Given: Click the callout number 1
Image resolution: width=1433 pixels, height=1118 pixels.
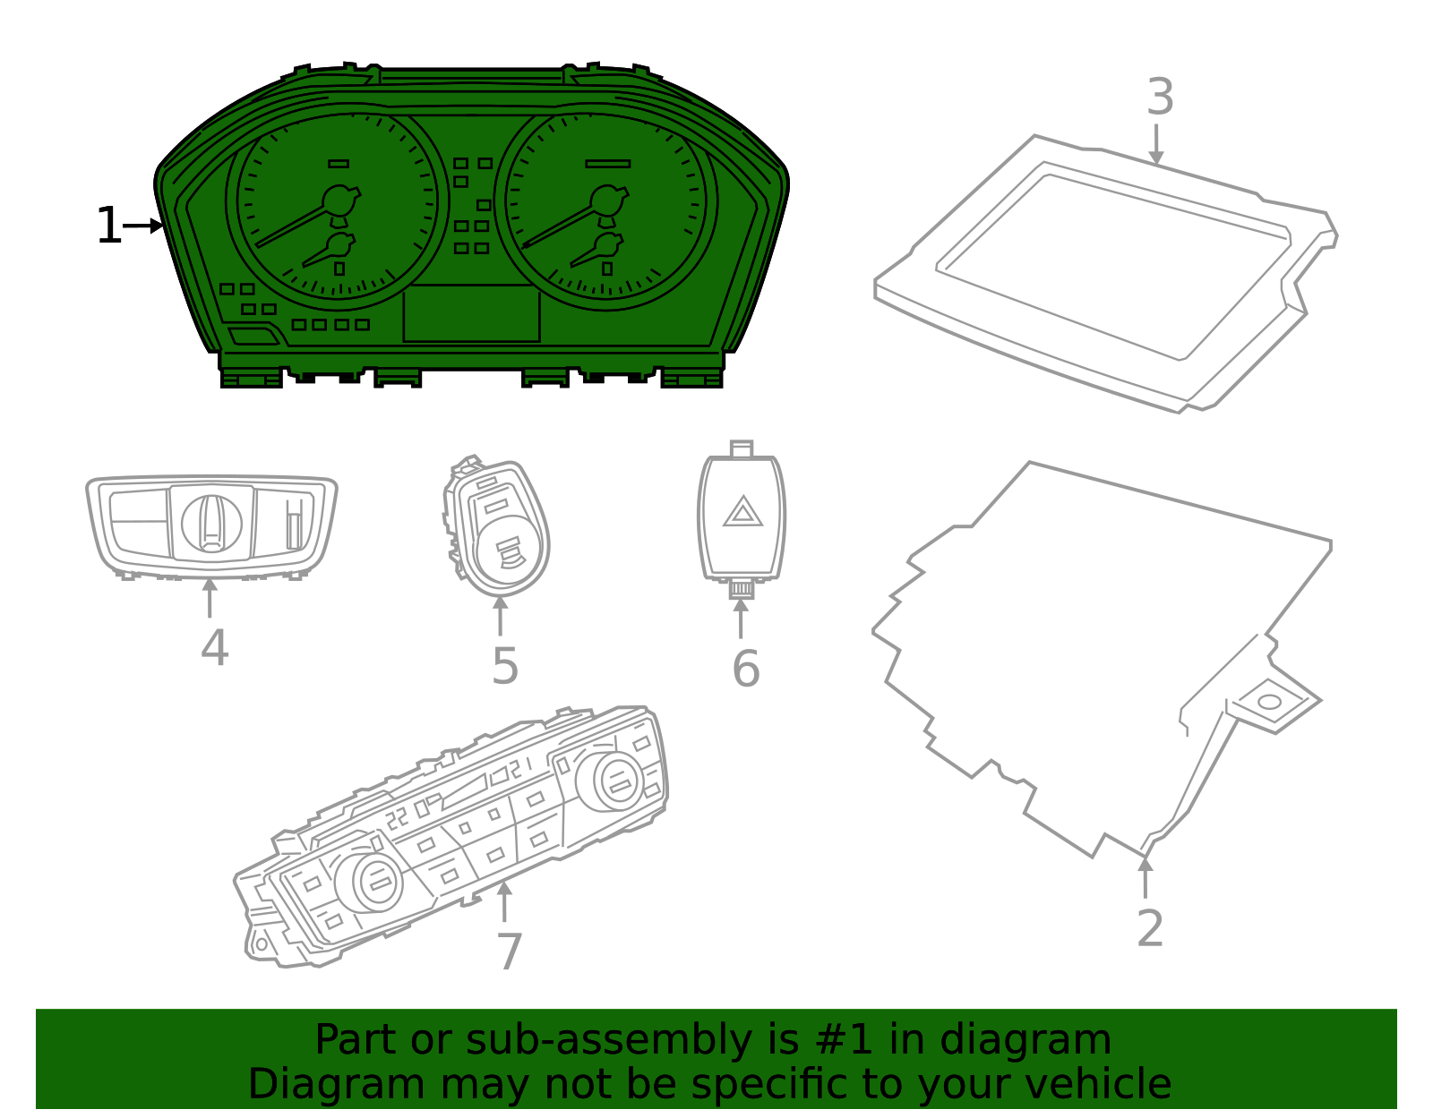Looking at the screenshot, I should point(107,226).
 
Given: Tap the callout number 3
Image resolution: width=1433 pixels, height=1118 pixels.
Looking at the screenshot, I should point(1160,97).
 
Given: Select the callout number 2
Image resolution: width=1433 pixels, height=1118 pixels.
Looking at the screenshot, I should point(1150,928).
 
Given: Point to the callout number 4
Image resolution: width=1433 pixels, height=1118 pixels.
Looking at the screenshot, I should point(214,647).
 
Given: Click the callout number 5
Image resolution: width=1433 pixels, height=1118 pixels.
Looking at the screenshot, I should point(505,666).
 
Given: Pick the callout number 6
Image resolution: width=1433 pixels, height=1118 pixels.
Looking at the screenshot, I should point(745,669).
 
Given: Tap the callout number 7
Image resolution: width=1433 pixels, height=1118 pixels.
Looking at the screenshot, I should point(509,952).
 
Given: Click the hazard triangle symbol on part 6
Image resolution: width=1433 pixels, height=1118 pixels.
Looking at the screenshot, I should point(742,513).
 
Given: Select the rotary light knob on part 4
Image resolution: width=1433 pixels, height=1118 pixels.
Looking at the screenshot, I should point(211,524).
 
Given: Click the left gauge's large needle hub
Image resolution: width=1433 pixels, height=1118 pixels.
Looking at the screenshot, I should point(339,201).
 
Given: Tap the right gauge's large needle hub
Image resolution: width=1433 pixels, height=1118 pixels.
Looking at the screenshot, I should point(607,201).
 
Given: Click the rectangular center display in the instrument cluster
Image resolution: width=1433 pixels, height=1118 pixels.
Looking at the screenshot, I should point(472,313).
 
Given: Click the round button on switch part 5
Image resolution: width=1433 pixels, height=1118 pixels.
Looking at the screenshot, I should point(505,551).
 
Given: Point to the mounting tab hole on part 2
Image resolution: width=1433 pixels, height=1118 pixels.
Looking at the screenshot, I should point(1270,702).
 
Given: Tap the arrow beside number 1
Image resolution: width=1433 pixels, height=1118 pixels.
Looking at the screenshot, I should point(143,226).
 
